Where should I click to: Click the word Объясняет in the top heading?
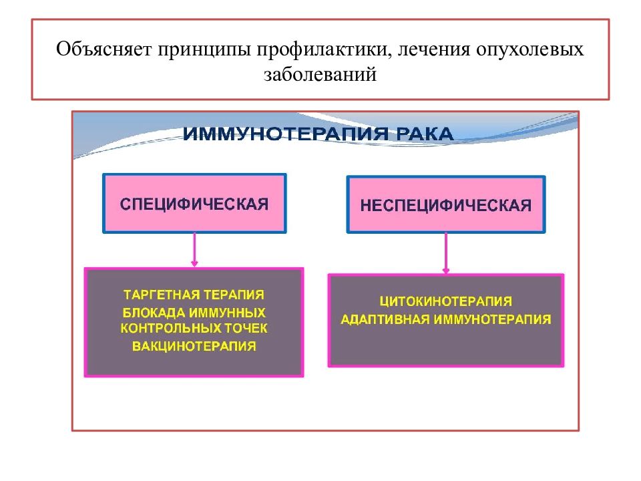pos(104,49)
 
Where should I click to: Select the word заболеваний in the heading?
pos(320,74)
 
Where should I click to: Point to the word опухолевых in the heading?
pos(529,50)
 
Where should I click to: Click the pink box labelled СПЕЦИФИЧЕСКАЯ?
pos(194,203)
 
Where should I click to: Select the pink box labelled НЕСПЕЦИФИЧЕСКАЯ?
pos(446,204)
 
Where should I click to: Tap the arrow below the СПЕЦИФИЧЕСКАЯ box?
pos(194,250)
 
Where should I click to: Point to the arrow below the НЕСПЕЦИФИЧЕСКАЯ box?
pos(446,253)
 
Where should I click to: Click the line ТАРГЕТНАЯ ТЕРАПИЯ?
pos(194,295)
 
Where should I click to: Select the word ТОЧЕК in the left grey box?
pos(246,328)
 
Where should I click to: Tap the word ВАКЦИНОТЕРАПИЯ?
pos(194,346)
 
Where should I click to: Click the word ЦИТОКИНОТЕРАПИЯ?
pos(446,301)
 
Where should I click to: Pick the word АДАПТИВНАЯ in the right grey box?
pos(385,319)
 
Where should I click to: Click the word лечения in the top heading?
pos(434,50)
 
